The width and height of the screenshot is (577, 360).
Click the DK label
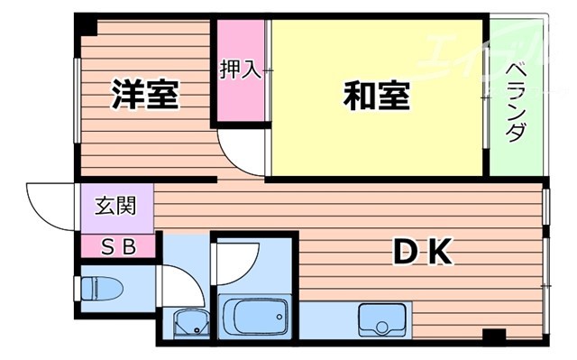pos(421,253)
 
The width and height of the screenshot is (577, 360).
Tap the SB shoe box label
pos(117,245)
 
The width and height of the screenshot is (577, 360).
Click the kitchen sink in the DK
pos(381,318)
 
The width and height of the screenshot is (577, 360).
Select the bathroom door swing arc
pos(236,262)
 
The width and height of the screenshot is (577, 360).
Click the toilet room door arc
pos(176,287)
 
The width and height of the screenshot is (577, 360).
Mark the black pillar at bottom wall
pos(493,337)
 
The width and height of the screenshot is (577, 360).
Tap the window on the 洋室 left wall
pos(78,99)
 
